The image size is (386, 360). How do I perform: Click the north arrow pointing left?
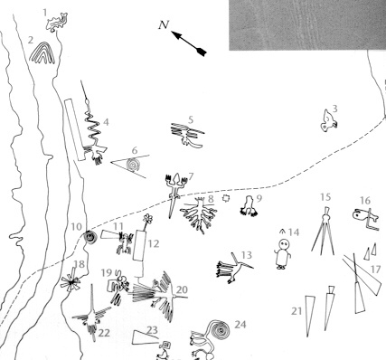point(190,40)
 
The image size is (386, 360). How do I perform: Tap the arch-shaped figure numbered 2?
point(42,55)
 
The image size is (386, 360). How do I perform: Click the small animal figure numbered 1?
point(61,18)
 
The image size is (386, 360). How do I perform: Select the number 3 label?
point(334,109)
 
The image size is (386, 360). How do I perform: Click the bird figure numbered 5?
point(188,134)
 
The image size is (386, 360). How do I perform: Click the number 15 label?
point(325,197)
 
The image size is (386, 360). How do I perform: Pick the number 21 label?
point(296,310)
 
